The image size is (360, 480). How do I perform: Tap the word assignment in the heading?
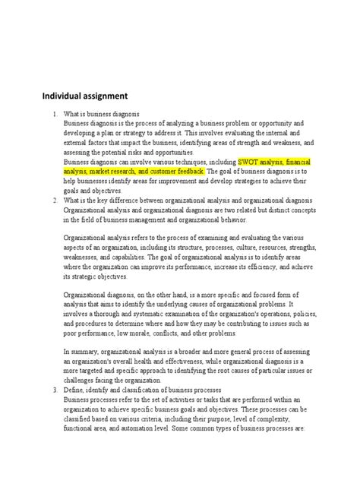pyautogui.click(x=114, y=97)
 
